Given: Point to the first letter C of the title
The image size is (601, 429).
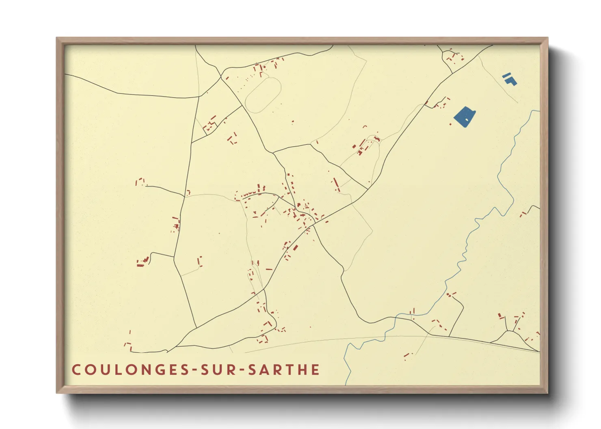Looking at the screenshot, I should [x=76, y=370].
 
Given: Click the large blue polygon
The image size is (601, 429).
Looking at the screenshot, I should [x=464, y=116].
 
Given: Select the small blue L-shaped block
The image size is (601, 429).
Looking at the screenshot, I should [x=511, y=81].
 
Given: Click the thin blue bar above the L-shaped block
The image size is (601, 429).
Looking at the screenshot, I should [x=506, y=75].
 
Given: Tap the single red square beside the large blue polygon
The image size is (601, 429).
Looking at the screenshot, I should [x=450, y=124].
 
